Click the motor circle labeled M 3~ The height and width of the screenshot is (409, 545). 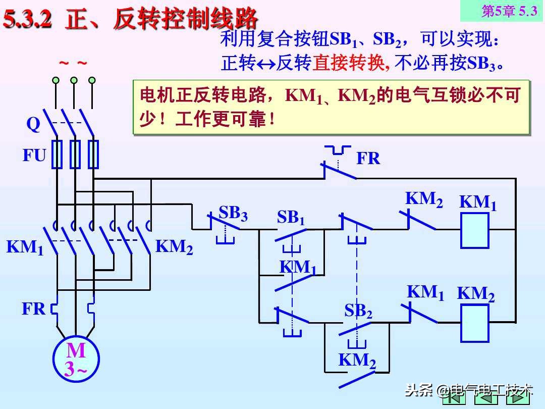tap(76, 359)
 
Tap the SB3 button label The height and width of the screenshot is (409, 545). tap(233, 214)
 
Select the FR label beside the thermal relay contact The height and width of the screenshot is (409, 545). tap(368, 159)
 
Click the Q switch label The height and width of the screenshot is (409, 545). tap(33, 124)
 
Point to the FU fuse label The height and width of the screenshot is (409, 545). tap(34, 156)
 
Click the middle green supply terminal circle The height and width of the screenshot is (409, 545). tap(74, 80)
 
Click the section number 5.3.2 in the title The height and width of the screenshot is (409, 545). tap(29, 20)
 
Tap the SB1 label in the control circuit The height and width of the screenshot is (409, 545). tap(291, 218)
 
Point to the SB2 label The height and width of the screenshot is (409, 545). tap(358, 311)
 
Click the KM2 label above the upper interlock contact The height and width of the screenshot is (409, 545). tap(424, 199)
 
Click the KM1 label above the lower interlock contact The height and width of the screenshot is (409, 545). tap(425, 293)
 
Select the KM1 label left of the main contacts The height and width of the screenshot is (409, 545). tap(25, 247)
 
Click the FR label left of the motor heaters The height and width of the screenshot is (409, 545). tap(34, 309)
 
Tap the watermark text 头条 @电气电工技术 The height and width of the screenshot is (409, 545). tap(469, 390)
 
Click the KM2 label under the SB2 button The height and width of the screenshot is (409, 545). tap(357, 361)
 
